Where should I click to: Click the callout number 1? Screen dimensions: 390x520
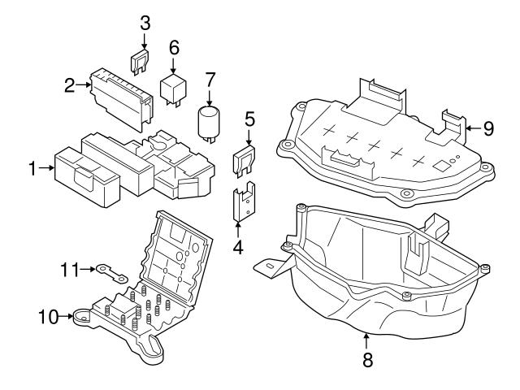(x=32, y=169)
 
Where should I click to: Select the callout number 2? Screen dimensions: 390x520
(x=71, y=84)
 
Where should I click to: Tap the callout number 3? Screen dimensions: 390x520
(x=145, y=22)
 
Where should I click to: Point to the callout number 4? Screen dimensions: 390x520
(x=238, y=245)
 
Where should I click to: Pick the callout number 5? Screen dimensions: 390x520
(x=249, y=119)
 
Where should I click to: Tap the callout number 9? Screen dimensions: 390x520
(x=487, y=127)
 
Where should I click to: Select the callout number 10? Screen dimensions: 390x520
(x=47, y=316)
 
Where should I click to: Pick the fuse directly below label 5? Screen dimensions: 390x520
(x=245, y=160)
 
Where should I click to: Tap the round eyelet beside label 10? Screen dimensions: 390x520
(x=83, y=318)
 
